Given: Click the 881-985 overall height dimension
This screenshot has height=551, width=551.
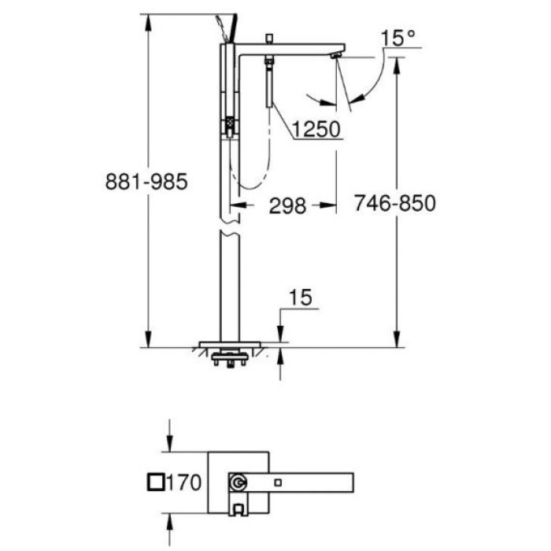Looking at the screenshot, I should point(146,182).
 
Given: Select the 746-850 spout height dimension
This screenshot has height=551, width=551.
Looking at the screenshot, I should point(394,203).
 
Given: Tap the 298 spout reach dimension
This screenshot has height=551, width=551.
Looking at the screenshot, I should point(287,205).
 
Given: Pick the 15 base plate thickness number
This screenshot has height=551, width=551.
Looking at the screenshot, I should point(301,297).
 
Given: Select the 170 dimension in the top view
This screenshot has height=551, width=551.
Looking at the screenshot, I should point(188,482).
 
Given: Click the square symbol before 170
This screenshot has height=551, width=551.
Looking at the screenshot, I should point(157,482).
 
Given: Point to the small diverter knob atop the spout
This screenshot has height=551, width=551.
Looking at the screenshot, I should point(268,39).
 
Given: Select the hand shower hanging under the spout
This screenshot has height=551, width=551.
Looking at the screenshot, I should point(269,85).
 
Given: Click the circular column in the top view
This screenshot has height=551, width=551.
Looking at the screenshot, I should point(237,482).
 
